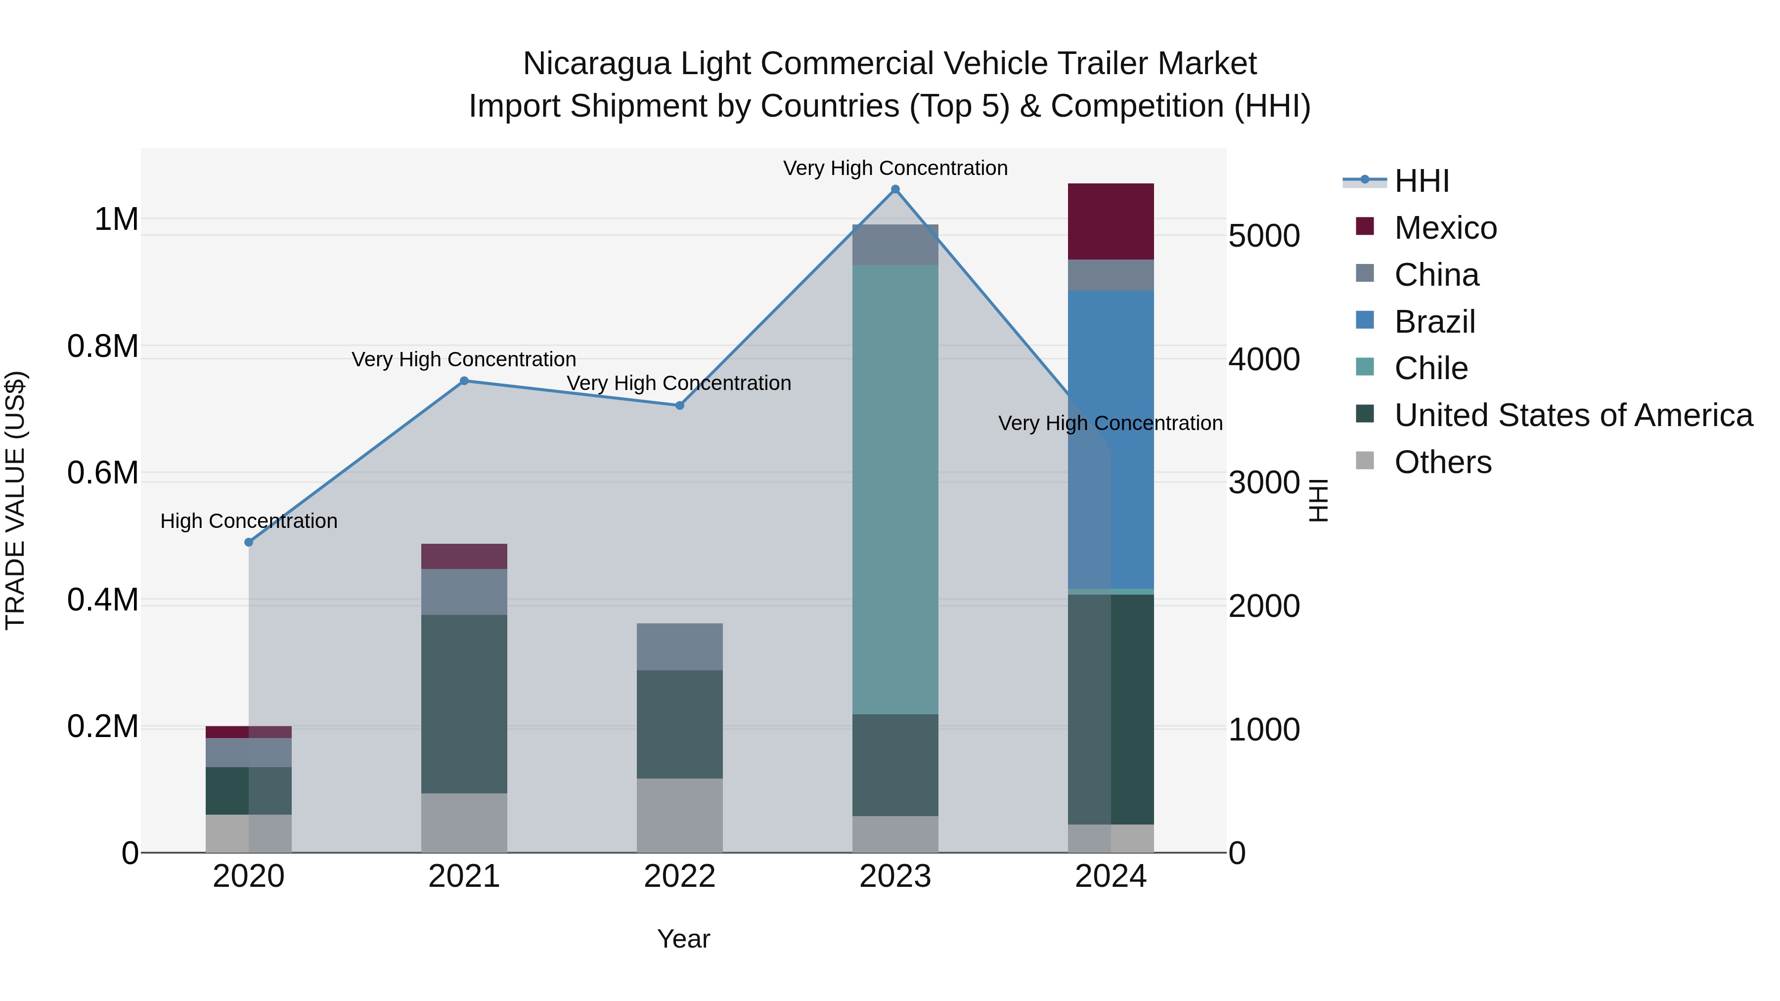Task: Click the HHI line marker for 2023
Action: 895,189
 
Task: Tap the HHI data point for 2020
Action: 249,542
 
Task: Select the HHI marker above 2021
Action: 464,381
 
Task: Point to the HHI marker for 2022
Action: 679,405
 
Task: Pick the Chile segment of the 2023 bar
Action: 895,489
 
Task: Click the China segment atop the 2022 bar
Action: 679,647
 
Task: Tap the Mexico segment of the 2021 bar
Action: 464,556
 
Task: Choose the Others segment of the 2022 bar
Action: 679,815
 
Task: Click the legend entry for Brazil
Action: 1434,322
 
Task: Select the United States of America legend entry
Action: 1573,415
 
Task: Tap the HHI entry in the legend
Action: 1422,181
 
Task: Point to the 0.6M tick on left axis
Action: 102,473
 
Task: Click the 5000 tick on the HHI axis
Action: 1264,236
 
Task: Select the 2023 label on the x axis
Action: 895,876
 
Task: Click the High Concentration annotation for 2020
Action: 249,521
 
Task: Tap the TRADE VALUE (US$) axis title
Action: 15,500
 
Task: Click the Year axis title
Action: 683,939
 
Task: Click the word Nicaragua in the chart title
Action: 596,64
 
